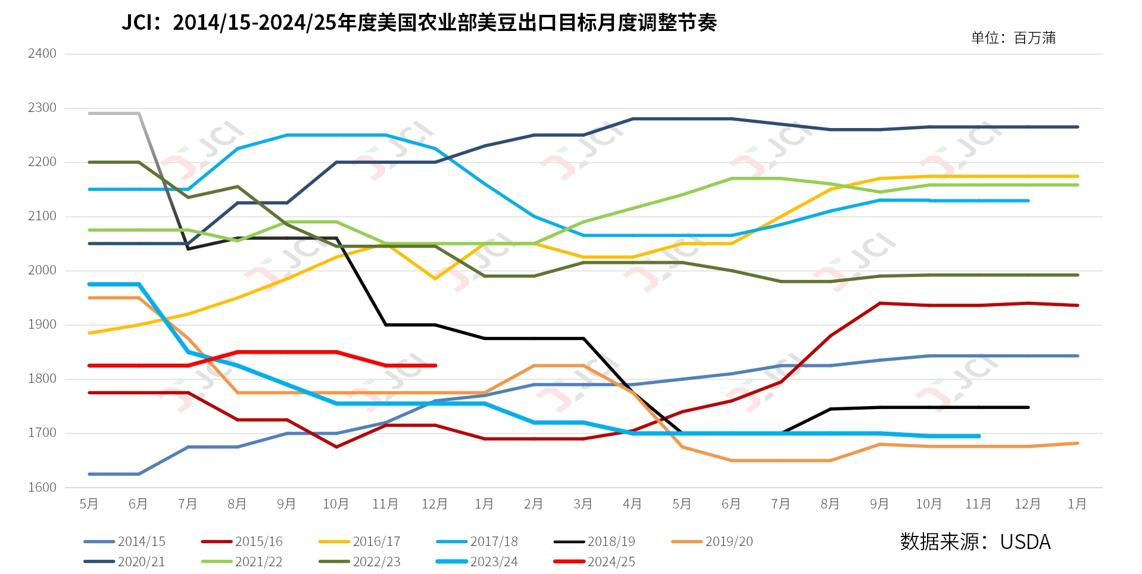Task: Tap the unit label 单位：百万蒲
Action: point(1013,38)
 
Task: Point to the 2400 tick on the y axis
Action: point(42,54)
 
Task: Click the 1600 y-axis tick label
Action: point(42,488)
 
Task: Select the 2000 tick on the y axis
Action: point(42,270)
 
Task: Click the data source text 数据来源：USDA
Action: point(975,542)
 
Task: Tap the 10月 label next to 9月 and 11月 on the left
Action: point(336,504)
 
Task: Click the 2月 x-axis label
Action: point(533,504)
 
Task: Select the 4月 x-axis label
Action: point(632,504)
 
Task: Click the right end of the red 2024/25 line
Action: point(435,366)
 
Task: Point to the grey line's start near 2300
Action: point(90,113)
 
